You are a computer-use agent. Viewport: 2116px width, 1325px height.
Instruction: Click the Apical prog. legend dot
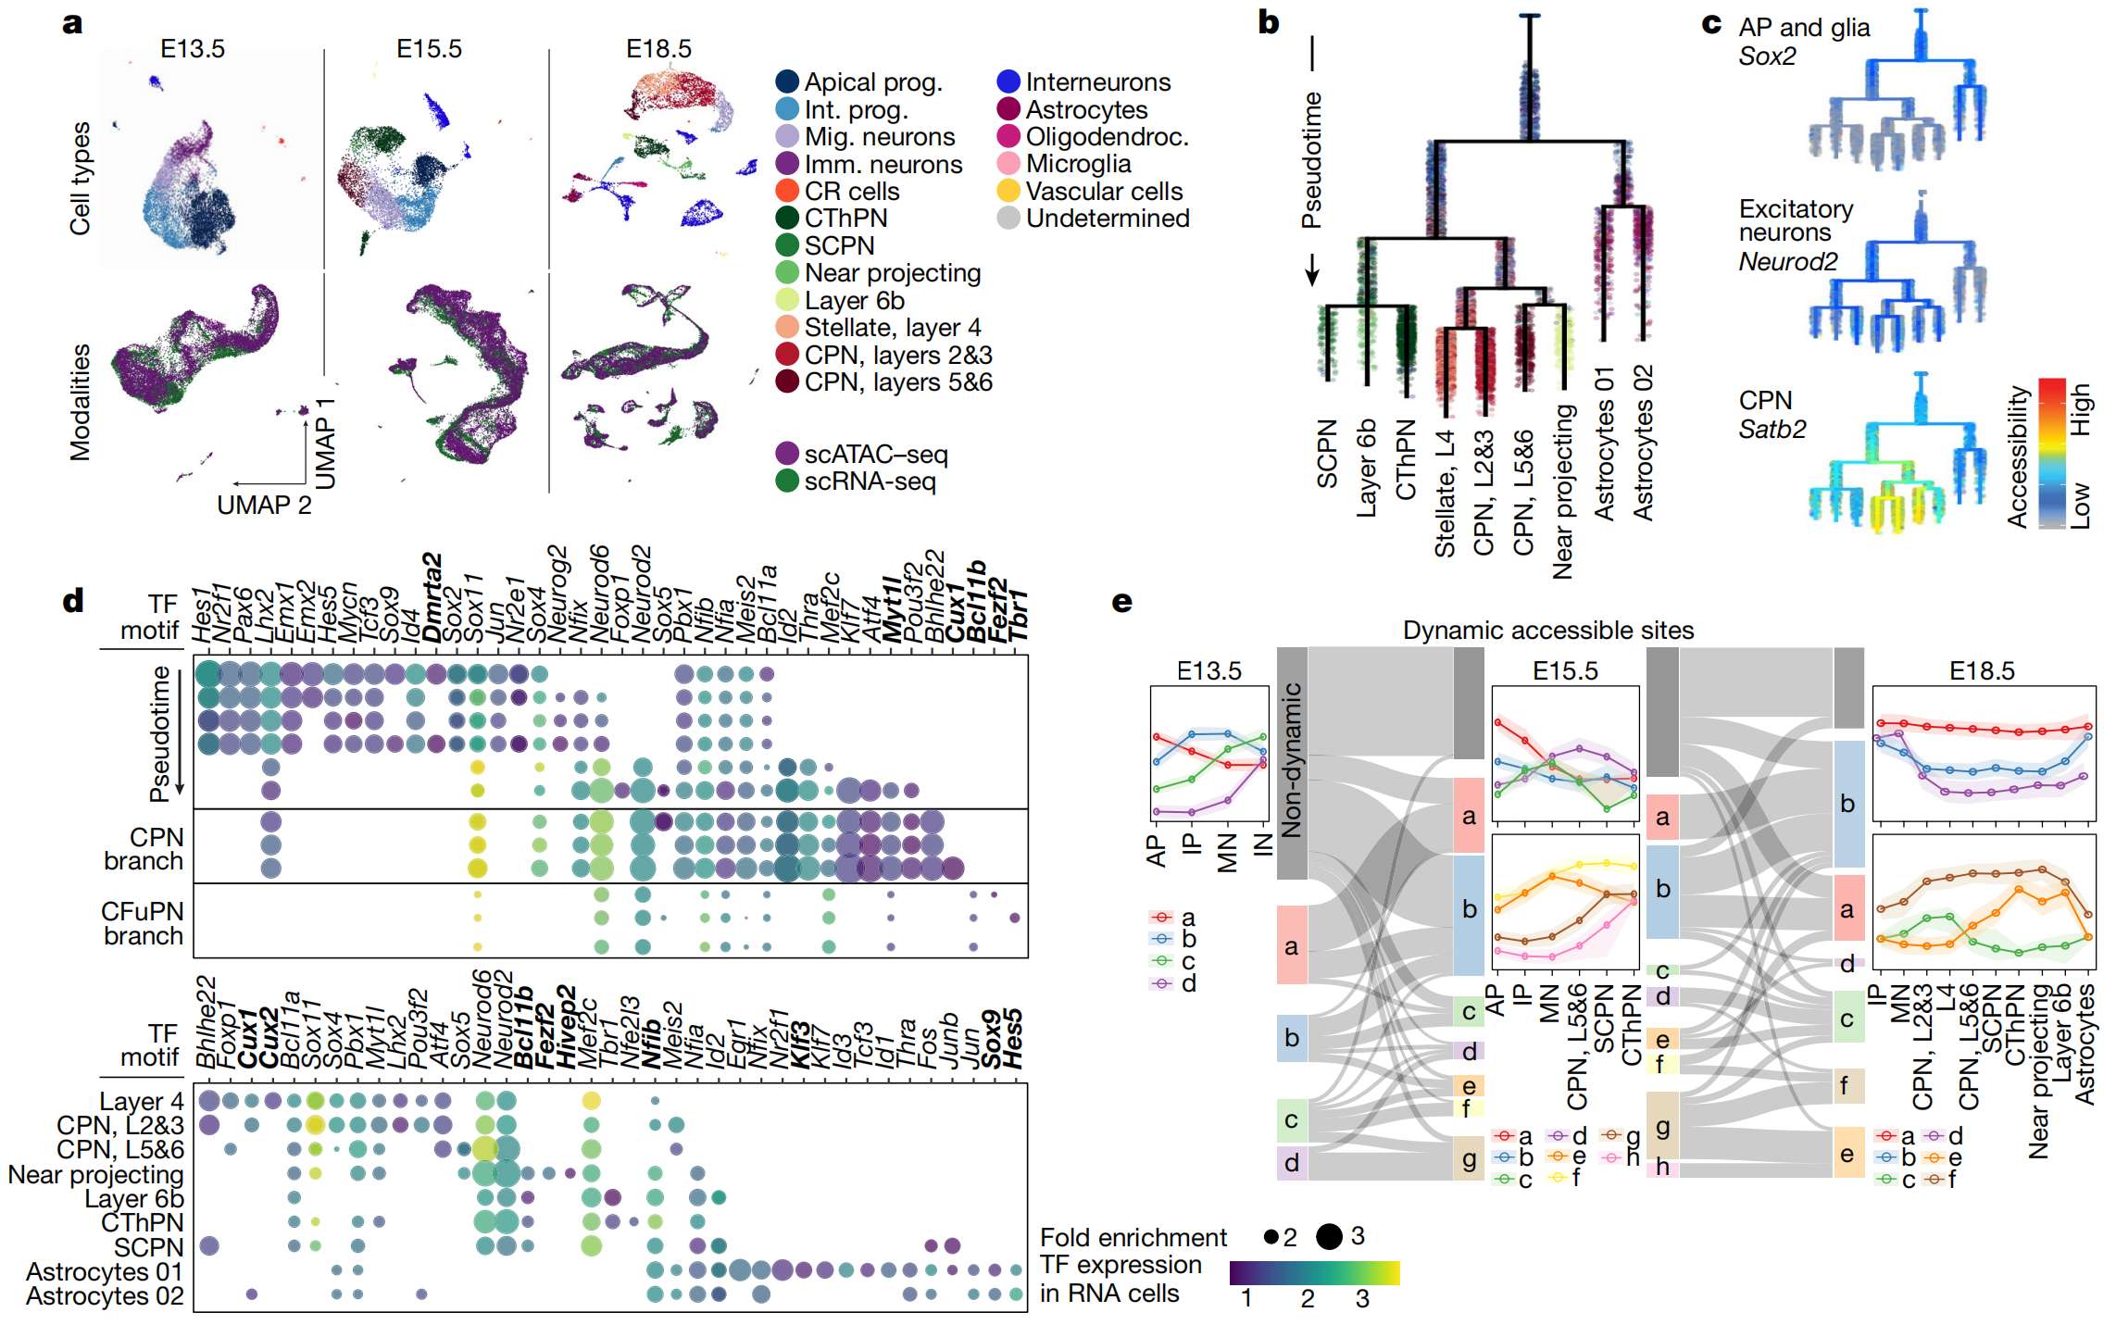pyautogui.click(x=787, y=81)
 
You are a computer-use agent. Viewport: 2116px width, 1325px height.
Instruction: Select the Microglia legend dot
pyautogui.click(x=1008, y=164)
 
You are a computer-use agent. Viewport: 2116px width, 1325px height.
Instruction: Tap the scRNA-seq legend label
pyautogui.click(x=870, y=481)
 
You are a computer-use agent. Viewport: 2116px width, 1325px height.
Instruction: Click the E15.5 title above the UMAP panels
pyautogui.click(x=429, y=49)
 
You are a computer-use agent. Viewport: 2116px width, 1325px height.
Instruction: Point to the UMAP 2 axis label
pyautogui.click(x=264, y=506)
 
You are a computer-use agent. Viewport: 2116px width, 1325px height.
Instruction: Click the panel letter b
pyautogui.click(x=1268, y=22)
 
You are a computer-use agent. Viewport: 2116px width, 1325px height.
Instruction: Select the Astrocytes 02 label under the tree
pyautogui.click(x=1643, y=443)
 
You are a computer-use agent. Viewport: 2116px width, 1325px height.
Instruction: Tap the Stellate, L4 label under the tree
pyautogui.click(x=1445, y=494)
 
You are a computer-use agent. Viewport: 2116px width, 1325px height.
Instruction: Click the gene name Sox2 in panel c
pyautogui.click(x=1767, y=56)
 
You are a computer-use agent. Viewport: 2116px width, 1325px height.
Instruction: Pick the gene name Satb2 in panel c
pyautogui.click(x=1772, y=429)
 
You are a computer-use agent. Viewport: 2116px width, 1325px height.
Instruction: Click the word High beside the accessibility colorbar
pyautogui.click(x=2080, y=410)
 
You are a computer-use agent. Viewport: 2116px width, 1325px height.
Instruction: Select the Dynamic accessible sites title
pyautogui.click(x=1547, y=631)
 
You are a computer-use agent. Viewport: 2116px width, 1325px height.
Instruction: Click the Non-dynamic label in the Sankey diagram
pyautogui.click(x=1292, y=761)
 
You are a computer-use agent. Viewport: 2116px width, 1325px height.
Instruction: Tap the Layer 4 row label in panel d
pyautogui.click(x=142, y=1102)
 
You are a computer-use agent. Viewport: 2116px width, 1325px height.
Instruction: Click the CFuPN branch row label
pyautogui.click(x=143, y=923)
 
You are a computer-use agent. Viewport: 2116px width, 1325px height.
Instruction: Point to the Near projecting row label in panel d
pyautogui.click(x=95, y=1174)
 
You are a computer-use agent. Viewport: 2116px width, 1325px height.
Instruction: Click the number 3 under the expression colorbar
pyautogui.click(x=1362, y=1299)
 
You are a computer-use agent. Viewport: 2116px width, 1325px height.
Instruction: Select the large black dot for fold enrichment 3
pyautogui.click(x=1329, y=1236)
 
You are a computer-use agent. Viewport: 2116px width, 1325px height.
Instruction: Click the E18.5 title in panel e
pyautogui.click(x=1982, y=671)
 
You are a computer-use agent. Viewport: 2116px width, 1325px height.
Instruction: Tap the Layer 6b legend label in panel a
pyautogui.click(x=854, y=301)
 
